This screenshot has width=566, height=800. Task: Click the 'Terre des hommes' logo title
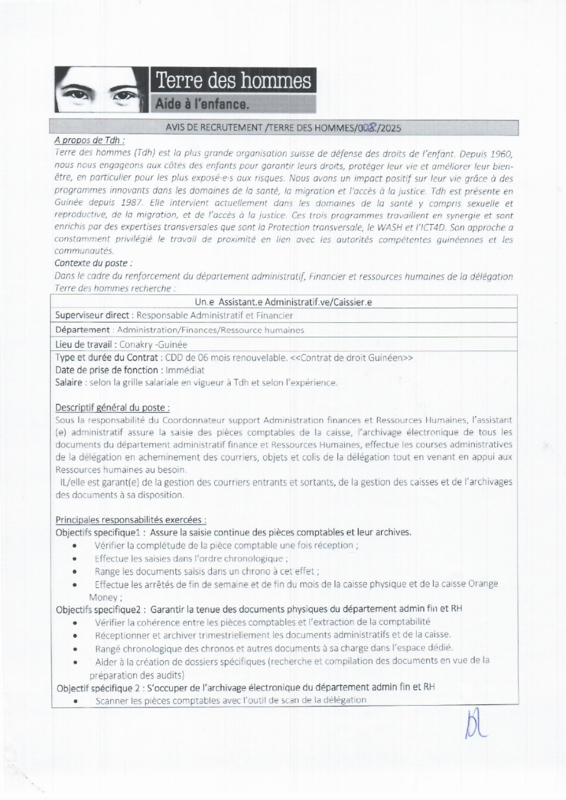click(233, 81)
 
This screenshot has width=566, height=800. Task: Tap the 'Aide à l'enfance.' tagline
click(202, 104)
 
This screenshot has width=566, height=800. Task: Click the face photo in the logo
click(101, 90)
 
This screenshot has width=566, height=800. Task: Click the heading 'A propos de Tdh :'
click(90, 140)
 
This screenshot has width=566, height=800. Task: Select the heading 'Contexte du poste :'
click(93, 263)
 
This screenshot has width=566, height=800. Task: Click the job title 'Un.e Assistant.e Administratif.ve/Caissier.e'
click(283, 302)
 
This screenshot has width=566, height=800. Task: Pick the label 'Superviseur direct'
click(92, 315)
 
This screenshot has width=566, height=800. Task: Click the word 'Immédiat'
click(185, 370)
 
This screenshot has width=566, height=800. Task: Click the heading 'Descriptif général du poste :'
click(112, 408)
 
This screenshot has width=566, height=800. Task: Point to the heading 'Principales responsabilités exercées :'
click(131, 520)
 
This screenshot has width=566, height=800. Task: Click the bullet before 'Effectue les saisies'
click(76, 558)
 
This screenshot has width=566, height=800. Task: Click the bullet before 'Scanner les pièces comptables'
click(77, 701)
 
